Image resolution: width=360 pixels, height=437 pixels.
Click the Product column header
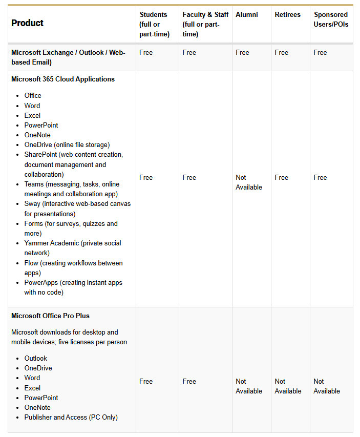(27, 23)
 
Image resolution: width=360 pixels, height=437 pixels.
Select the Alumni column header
(246, 14)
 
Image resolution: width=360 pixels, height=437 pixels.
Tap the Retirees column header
(287, 14)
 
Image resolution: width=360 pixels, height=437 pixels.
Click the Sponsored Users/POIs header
(331, 19)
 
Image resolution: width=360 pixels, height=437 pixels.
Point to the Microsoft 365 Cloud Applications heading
(63, 79)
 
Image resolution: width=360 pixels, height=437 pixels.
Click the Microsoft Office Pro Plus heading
(50, 316)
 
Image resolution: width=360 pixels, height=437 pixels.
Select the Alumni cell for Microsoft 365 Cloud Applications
(248, 182)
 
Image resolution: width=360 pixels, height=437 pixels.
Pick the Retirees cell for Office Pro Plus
(288, 386)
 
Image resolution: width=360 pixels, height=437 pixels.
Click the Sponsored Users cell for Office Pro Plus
(327, 386)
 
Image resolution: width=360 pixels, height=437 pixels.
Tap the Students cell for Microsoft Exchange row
(146, 52)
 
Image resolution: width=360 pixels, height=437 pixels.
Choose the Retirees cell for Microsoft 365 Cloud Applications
(281, 177)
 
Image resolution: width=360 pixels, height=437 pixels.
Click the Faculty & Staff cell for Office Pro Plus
(189, 381)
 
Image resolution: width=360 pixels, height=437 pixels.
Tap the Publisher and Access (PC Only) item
(71, 417)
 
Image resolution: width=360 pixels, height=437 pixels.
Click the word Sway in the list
(32, 204)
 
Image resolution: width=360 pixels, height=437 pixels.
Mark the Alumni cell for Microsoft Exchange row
(242, 52)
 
